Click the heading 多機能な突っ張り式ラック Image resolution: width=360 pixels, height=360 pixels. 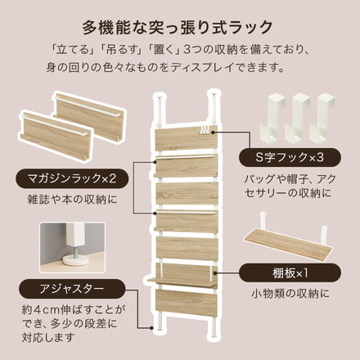click(180, 22)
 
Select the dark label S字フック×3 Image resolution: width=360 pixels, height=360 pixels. click(287, 157)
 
